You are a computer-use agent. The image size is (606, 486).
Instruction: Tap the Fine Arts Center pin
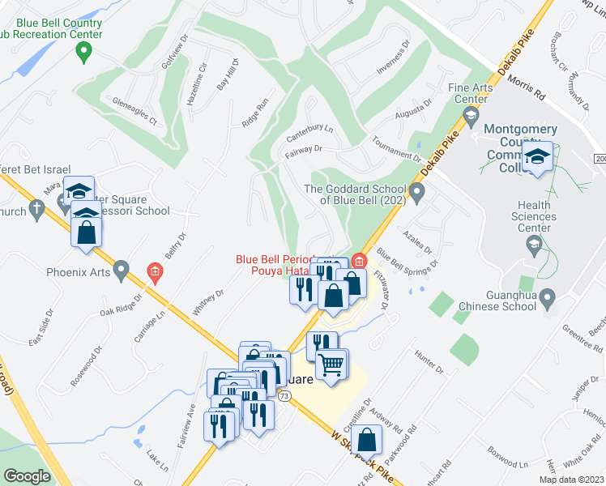(470, 120)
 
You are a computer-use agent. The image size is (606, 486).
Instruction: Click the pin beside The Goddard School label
(417, 194)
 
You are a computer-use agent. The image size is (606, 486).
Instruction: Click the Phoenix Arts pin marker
(122, 268)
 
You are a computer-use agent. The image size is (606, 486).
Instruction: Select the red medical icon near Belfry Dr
(154, 271)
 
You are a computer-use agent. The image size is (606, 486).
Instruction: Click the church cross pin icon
(36, 209)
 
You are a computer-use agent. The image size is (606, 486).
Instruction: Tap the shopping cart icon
(331, 364)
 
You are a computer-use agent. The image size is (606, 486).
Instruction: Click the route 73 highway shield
(284, 396)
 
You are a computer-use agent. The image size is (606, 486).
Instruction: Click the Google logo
(27, 476)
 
